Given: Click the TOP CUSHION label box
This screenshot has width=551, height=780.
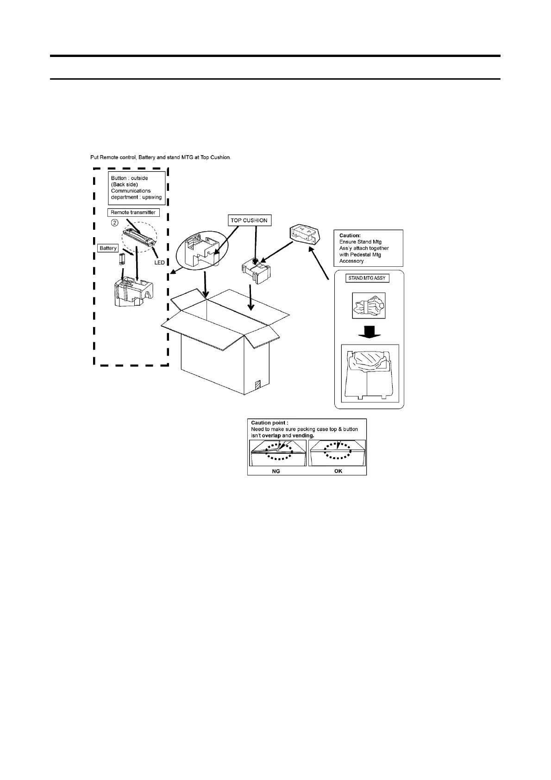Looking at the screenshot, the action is [250, 220].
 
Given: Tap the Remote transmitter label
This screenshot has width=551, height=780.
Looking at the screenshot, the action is [133, 213].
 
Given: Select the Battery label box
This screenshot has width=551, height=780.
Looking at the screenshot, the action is [108, 248].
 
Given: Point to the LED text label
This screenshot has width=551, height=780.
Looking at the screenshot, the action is [159, 263].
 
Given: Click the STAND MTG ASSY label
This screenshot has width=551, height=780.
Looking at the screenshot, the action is [367, 278].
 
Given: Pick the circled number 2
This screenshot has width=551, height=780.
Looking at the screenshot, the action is [114, 223].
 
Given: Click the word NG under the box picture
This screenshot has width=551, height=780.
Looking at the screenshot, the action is [276, 471].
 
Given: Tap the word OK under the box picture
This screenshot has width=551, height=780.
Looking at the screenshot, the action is [338, 471].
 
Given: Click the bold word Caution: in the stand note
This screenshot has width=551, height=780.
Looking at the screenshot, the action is [350, 235].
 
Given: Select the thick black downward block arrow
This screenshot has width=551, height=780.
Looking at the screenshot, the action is [369, 332].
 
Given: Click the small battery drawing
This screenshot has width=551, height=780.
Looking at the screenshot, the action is [121, 259].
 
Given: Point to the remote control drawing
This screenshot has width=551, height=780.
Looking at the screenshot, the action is [139, 237].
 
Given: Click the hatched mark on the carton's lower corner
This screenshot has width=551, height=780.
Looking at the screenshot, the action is [258, 385].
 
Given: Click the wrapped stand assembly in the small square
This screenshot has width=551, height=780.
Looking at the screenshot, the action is [369, 306].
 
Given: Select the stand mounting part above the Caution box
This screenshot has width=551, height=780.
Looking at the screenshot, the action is [304, 234].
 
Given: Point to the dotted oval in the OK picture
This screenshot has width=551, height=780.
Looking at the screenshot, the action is [338, 451].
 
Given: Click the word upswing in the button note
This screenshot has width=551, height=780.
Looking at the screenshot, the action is [152, 197].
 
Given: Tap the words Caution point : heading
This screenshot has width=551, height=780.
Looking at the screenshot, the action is [270, 423].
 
